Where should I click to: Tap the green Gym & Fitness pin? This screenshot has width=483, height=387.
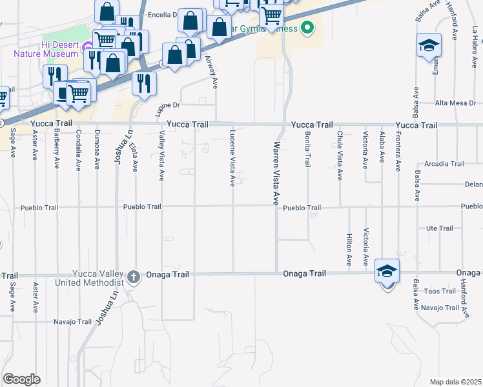coord(307,28)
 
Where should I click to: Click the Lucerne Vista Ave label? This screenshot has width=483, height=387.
coord(232,158)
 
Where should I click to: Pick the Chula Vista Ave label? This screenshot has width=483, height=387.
coord(340,155)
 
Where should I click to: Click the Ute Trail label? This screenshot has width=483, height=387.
coord(440,228)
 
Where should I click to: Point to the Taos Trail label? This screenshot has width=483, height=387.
coord(442,292)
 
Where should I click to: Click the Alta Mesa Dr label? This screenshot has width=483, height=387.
coord(455,103)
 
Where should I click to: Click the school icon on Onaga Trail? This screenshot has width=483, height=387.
coord(387,272)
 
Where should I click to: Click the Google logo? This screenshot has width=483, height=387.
coord(21,379)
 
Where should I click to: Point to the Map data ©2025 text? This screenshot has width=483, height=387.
coord(456,382)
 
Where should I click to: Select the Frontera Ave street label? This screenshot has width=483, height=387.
coord(398,152)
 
